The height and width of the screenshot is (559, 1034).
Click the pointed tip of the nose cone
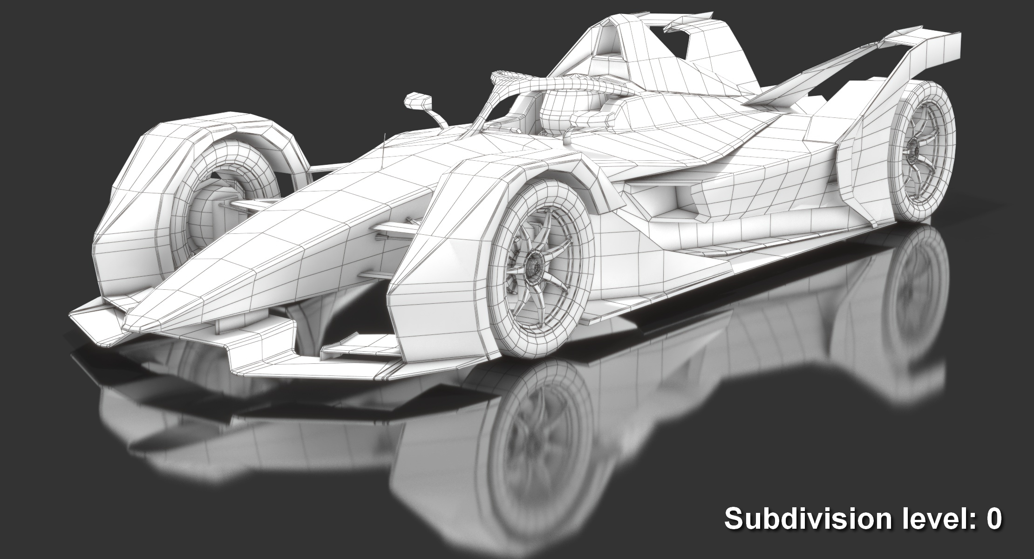pos(133,321)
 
